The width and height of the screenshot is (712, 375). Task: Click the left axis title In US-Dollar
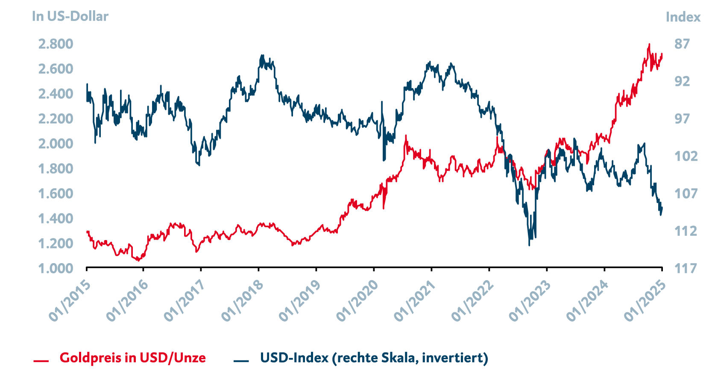coord(70,16)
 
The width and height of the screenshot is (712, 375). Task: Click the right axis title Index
coord(683,17)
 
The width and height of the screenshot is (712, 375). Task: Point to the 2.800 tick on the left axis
coord(56,44)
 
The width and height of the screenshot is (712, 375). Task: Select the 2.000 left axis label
coord(56,144)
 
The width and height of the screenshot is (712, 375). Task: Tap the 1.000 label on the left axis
coord(56,268)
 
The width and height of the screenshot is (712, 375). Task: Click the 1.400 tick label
coord(56,218)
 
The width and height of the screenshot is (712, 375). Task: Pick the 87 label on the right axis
coord(682,44)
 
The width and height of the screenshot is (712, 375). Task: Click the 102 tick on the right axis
coord(686,156)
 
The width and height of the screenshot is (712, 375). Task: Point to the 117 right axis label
coord(686,268)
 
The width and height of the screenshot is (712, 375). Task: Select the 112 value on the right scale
coord(686,231)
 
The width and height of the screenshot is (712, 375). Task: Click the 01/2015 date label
coord(70,301)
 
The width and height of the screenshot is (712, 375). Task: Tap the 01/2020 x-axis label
coord(357,301)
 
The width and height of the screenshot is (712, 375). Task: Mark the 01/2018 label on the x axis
coord(242,301)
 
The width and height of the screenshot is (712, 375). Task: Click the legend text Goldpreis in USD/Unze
coord(132,357)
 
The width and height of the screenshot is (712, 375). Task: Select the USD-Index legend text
coord(374,357)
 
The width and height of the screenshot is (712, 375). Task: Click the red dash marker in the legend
coord(41,361)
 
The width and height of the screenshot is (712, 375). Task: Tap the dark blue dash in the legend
coord(241,361)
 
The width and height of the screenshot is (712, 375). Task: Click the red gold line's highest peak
coord(649,44)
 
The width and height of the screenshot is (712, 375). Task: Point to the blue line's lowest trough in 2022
coord(529,245)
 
